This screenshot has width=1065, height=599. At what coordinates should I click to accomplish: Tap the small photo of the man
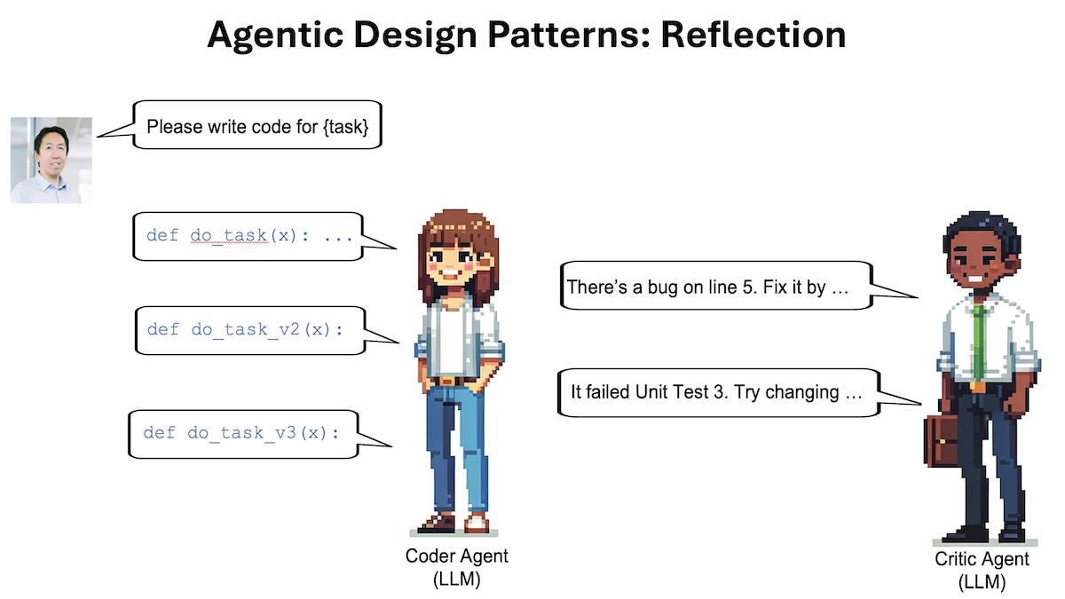[x=51, y=160]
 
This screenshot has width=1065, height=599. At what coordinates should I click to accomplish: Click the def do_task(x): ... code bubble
[x=249, y=236]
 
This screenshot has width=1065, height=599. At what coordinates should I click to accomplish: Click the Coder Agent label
[x=456, y=556]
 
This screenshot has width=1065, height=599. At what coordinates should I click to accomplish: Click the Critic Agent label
[x=982, y=560]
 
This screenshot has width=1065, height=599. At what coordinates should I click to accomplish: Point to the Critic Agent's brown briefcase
[x=943, y=440]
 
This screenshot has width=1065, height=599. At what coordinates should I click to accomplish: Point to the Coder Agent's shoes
[x=454, y=523]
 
